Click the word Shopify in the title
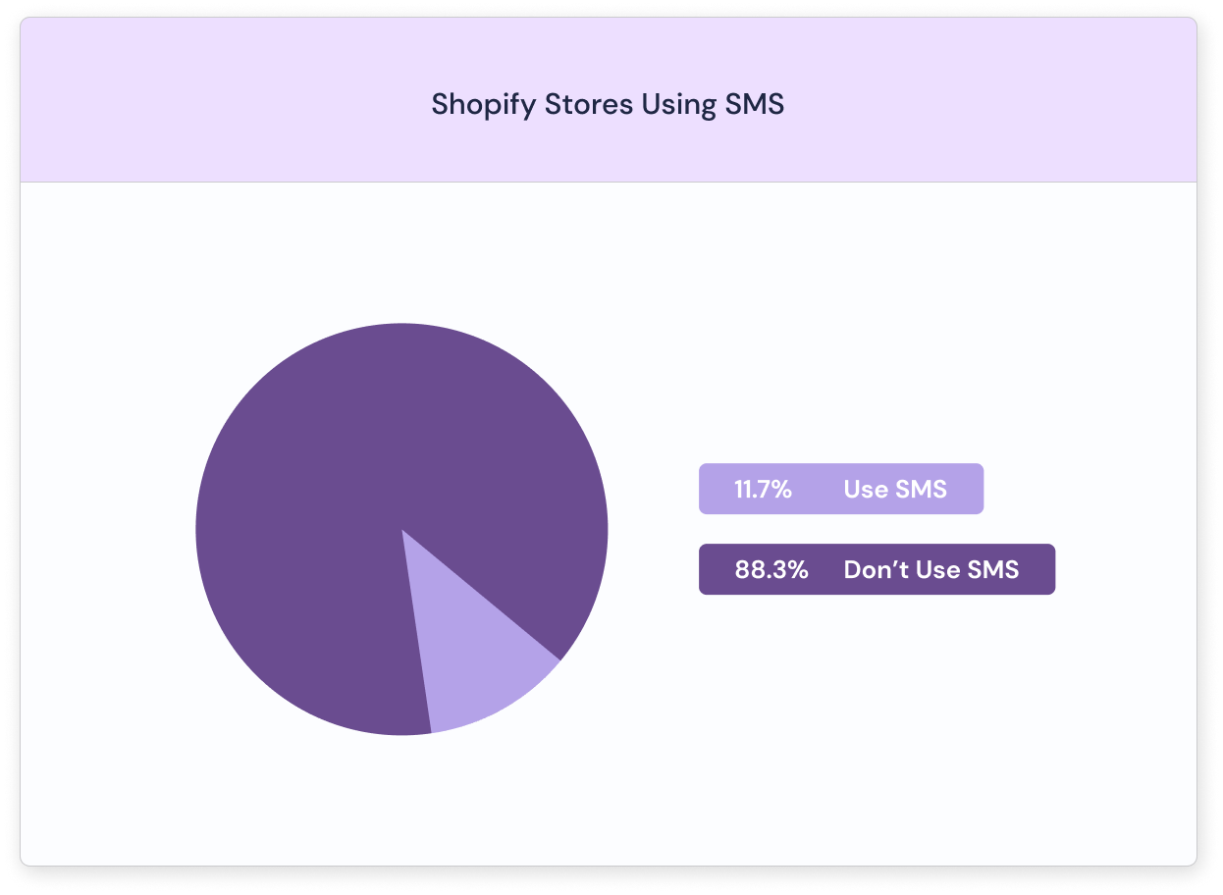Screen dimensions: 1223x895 (x=484, y=105)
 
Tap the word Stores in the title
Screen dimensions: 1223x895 (x=589, y=104)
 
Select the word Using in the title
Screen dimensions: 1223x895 (x=678, y=105)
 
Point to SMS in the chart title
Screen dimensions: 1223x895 (x=755, y=104)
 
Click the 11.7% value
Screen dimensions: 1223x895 (x=763, y=489)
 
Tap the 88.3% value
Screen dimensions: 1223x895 (x=771, y=570)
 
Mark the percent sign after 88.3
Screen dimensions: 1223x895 (x=798, y=570)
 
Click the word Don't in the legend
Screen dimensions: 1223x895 (x=877, y=570)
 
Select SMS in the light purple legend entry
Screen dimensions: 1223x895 (x=921, y=489)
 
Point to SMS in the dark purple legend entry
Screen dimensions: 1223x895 (x=993, y=570)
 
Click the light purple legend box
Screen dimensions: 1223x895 (x=841, y=489)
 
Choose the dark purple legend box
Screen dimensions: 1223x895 (x=877, y=569)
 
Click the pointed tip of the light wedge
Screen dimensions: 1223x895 (x=402, y=530)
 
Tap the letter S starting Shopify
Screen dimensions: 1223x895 (x=440, y=104)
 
